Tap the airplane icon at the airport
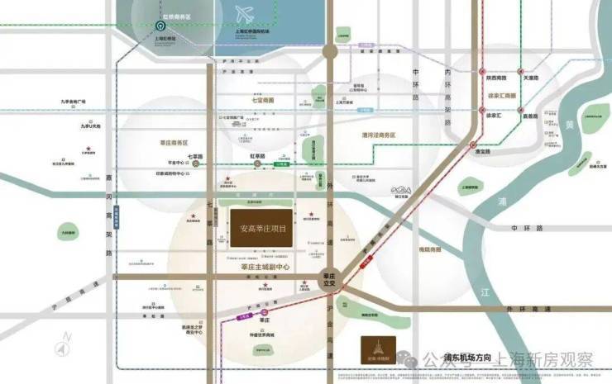[245, 15]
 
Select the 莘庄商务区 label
[175, 144]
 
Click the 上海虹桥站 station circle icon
[157, 27]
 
